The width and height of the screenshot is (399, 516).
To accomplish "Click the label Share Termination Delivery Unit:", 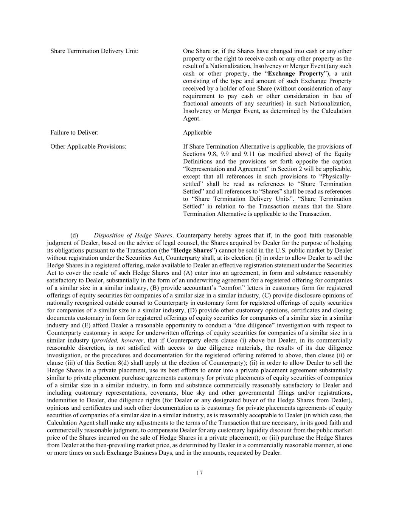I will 94,51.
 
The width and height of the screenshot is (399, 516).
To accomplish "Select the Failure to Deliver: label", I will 75,133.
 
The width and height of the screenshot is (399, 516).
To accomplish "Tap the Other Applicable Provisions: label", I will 88,147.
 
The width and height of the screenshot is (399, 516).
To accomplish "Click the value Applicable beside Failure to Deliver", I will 197,133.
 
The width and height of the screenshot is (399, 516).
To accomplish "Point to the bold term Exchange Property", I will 296,74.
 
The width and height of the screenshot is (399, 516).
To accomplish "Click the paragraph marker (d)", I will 74,236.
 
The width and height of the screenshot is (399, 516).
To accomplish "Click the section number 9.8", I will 213,154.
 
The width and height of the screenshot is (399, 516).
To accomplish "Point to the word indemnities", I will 61,400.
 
